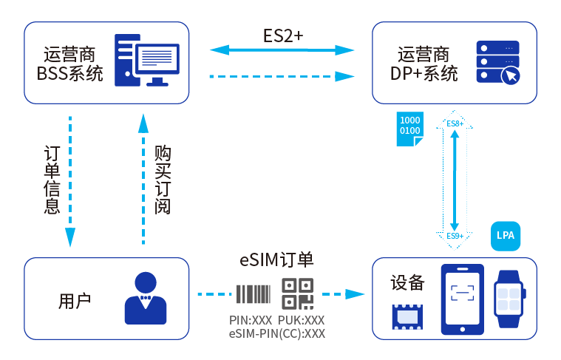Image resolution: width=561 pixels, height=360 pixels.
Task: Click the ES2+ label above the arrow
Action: (283, 35)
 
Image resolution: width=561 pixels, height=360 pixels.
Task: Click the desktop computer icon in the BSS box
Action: (147, 59)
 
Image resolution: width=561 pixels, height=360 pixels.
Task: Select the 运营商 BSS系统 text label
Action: (70, 64)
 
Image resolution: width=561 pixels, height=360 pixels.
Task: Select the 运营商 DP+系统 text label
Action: (424, 64)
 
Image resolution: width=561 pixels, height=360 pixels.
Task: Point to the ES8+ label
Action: (455, 123)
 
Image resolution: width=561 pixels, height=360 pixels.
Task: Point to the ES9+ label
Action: (455, 236)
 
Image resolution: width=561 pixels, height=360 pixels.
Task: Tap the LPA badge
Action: (506, 235)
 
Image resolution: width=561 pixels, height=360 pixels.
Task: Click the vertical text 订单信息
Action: (51, 180)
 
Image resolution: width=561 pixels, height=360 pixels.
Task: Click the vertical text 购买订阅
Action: (163, 180)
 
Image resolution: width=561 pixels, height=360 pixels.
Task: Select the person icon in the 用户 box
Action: (144, 298)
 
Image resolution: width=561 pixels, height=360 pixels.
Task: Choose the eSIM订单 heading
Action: (277, 260)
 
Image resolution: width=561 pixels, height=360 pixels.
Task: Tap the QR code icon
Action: (298, 293)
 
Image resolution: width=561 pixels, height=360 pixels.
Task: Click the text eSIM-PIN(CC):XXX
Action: (277, 333)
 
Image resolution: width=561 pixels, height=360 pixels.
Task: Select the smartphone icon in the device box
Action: (462, 298)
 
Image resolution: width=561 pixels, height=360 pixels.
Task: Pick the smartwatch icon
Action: (510, 298)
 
